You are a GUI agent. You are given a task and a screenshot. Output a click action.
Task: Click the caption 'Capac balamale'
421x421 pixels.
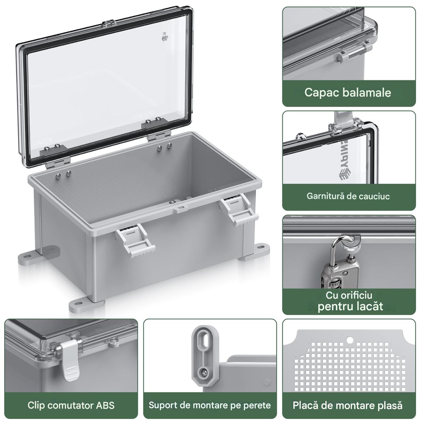point(347,92)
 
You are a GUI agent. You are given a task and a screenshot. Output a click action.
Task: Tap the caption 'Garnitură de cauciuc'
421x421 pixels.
point(348,196)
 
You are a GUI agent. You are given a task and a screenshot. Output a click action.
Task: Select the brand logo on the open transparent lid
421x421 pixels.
point(165,37)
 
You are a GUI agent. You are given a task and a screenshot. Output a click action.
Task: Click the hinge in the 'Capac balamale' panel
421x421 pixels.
point(351,53)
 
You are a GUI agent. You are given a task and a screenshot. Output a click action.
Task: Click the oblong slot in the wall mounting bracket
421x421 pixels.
point(205,344)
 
